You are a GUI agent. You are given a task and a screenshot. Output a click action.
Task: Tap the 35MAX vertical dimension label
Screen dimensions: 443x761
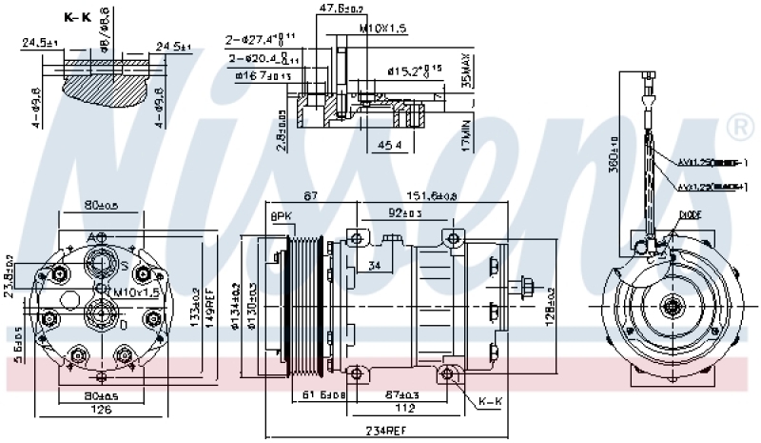click(x=465, y=70)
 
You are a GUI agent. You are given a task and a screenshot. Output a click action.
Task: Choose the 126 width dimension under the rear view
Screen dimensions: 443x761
click(x=100, y=411)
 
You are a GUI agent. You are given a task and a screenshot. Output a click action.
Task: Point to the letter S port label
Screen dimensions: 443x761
click(x=123, y=264)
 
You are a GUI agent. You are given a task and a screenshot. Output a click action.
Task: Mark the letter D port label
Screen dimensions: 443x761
click(x=122, y=325)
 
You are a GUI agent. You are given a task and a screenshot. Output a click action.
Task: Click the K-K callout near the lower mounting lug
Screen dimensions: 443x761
click(x=491, y=401)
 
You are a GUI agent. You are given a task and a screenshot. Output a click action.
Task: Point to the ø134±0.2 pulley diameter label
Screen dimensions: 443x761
click(x=236, y=305)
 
